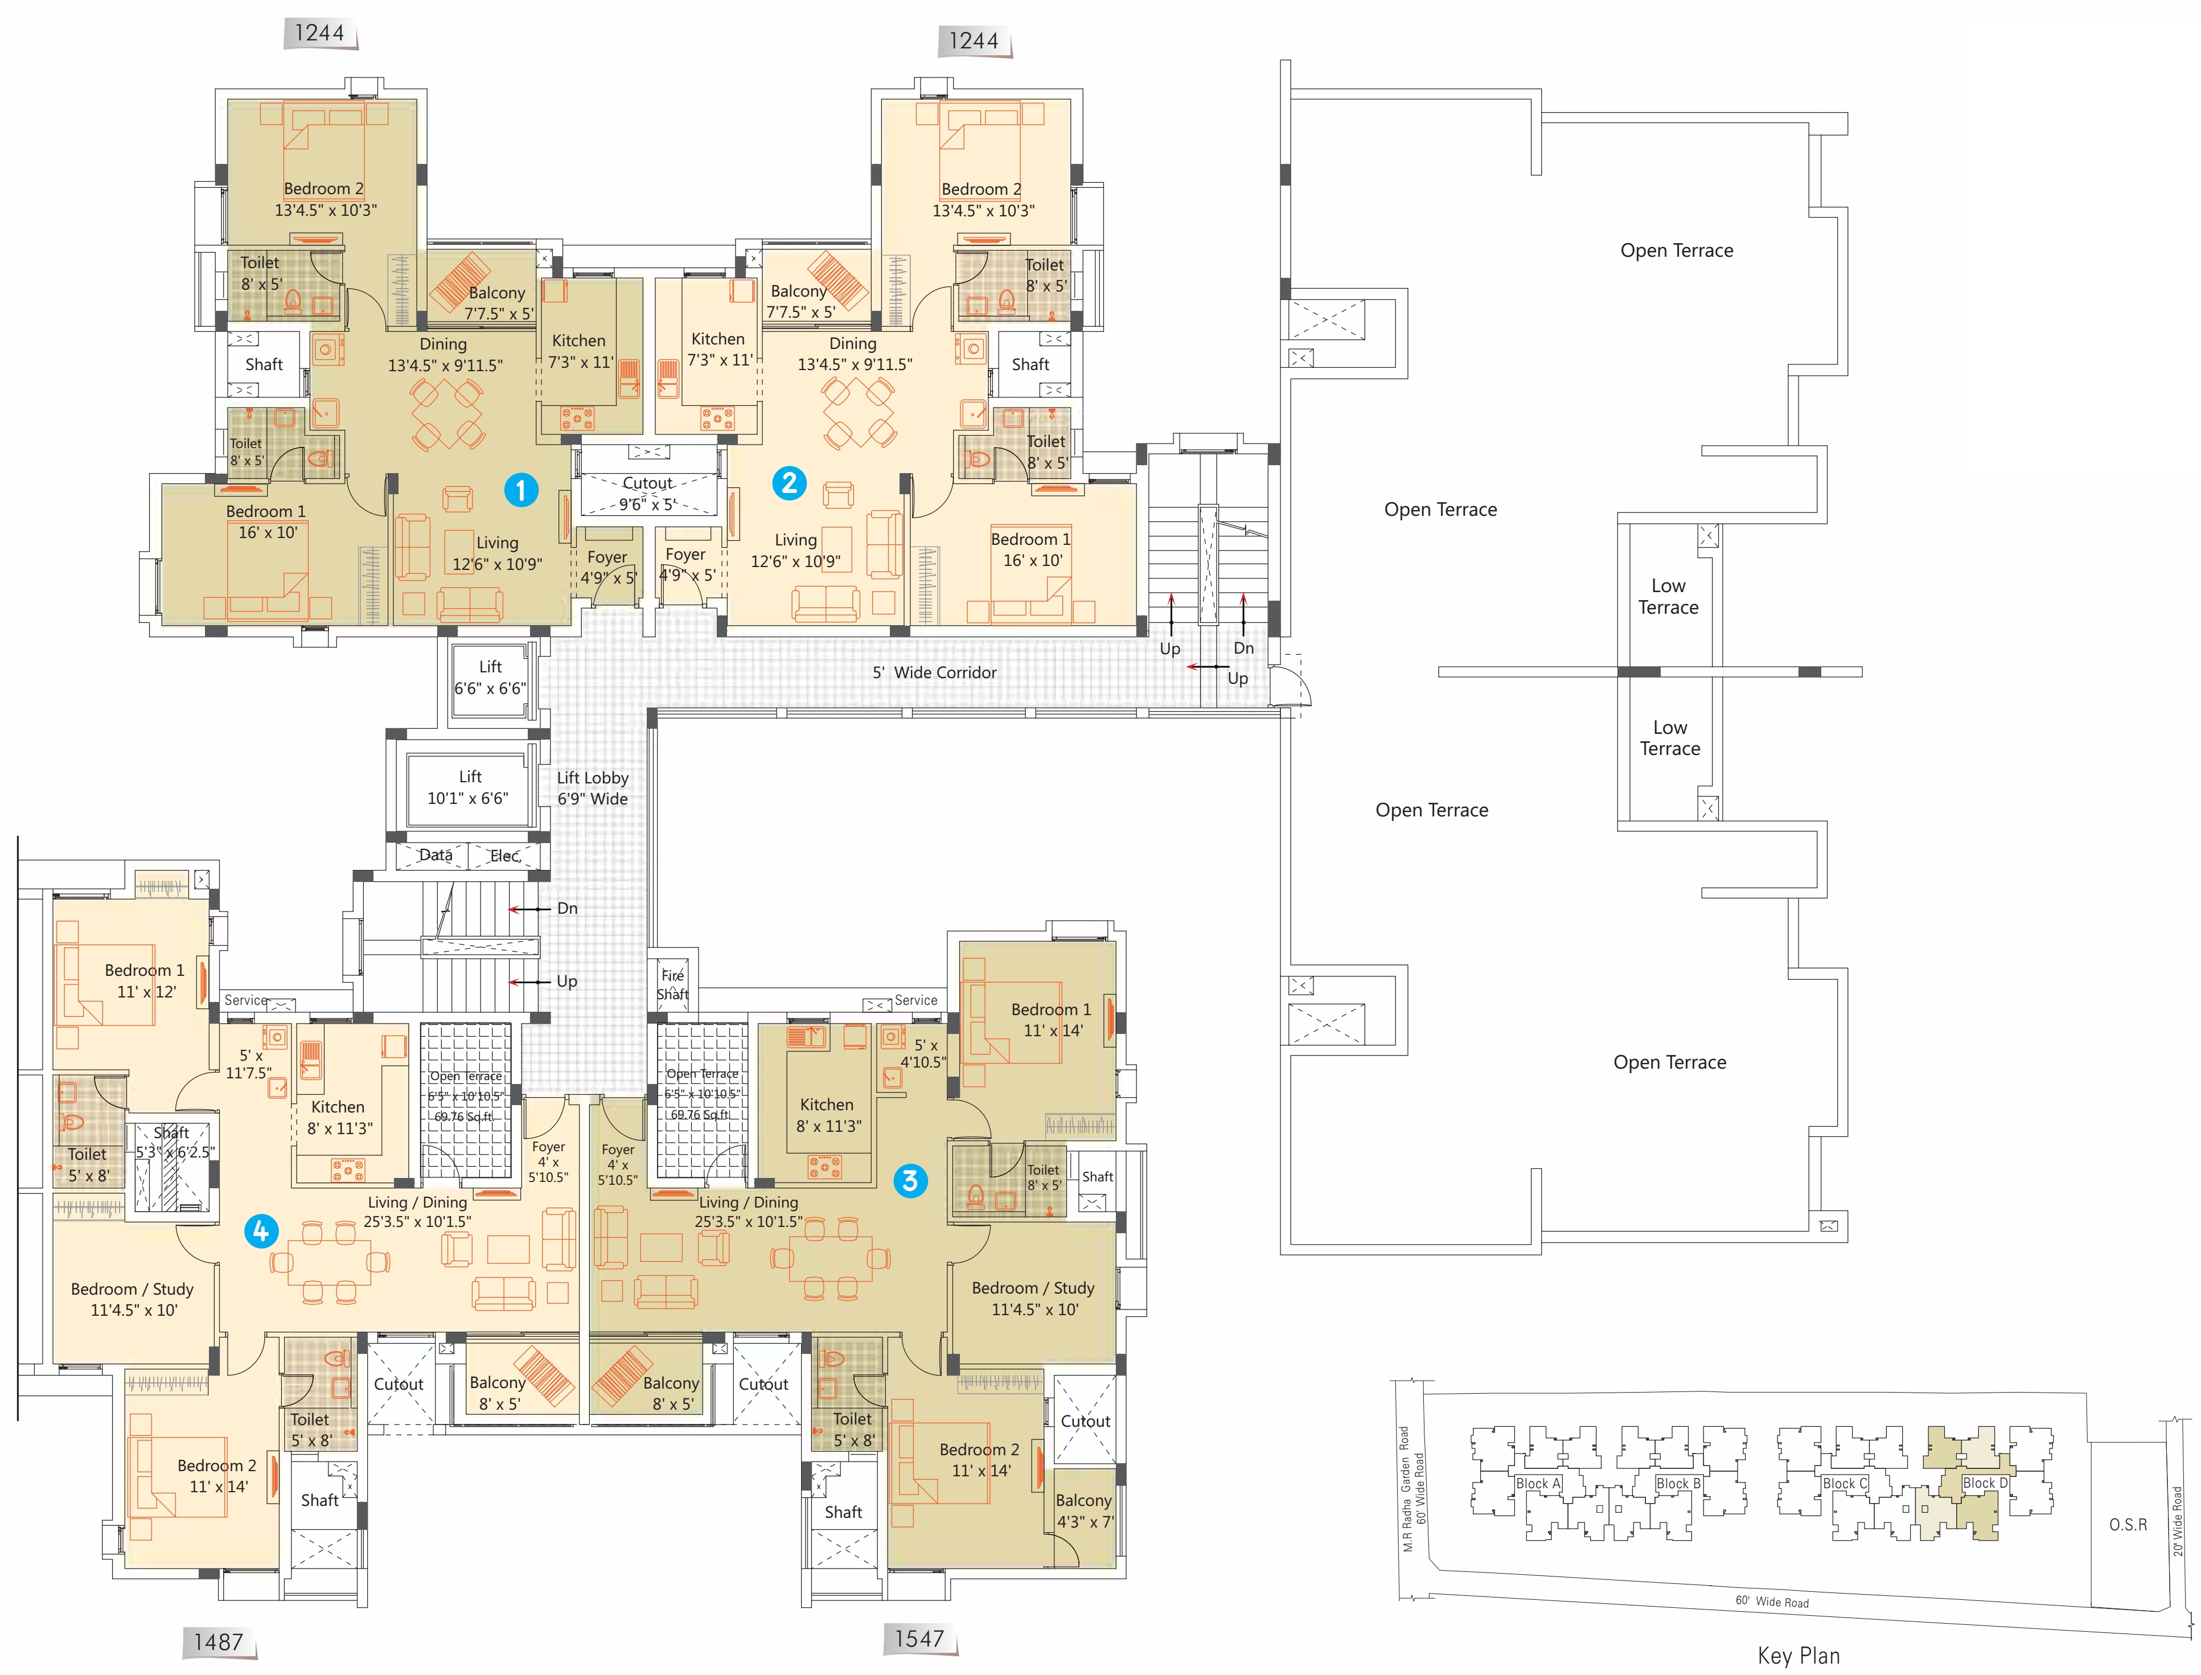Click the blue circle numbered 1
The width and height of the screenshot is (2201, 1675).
(x=520, y=490)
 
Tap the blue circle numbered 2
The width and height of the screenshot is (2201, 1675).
(x=790, y=483)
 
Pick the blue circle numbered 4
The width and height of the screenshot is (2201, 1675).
(x=261, y=1231)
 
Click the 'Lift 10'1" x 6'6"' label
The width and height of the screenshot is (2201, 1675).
(x=469, y=787)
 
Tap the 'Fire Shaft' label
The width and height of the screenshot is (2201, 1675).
(x=673, y=984)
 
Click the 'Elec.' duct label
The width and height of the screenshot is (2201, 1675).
(x=504, y=856)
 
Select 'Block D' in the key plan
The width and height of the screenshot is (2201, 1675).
(x=1985, y=1483)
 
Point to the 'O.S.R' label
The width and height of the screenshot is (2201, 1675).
(x=2128, y=1525)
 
